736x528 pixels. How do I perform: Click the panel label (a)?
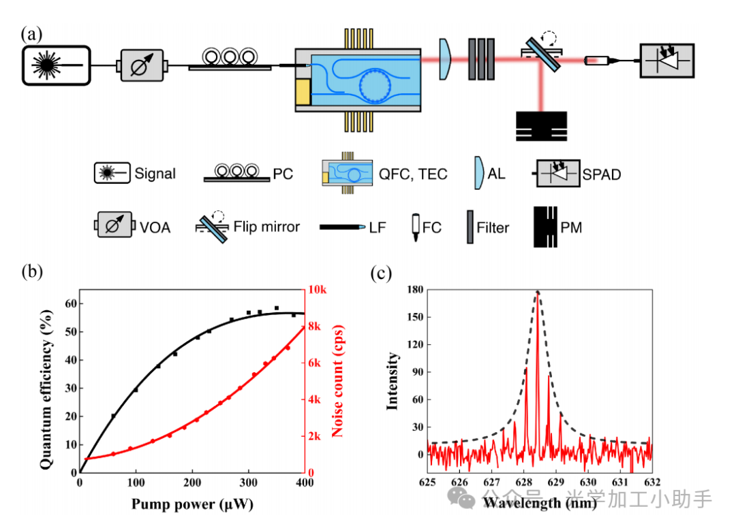point(33,33)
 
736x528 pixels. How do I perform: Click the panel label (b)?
point(32,271)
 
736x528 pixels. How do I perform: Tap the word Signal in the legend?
point(155,174)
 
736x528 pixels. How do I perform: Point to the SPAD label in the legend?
point(601,174)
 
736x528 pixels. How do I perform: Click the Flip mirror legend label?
point(266,227)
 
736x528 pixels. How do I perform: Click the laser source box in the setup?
point(57,65)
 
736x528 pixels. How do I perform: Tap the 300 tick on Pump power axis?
point(249,483)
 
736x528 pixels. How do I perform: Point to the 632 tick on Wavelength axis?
point(652,483)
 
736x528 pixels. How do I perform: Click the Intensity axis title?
point(393,380)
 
